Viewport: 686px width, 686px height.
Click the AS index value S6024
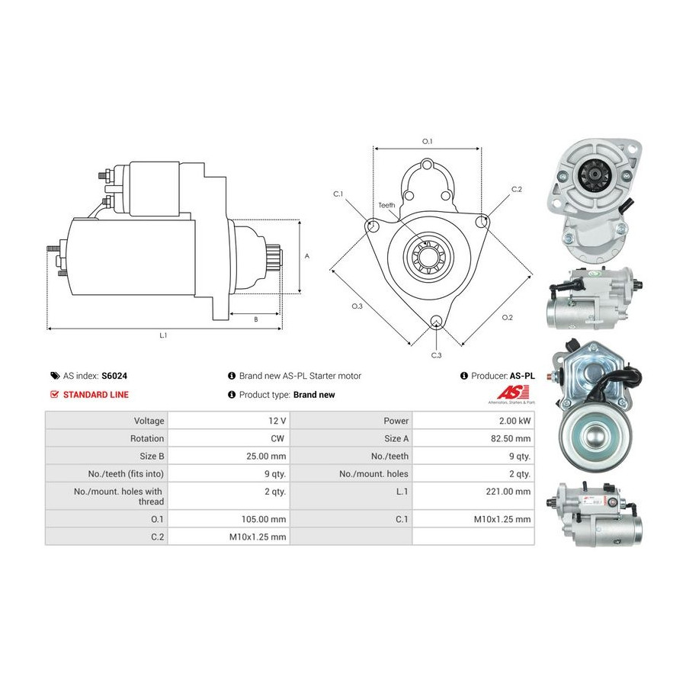(x=114, y=376)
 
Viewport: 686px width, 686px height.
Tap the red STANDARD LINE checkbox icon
(x=55, y=395)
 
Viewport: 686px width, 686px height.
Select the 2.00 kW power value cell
(x=515, y=421)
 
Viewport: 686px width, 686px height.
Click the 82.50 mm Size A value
(x=511, y=438)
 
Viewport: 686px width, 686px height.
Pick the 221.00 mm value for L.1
(x=508, y=492)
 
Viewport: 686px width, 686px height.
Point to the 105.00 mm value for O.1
(x=264, y=519)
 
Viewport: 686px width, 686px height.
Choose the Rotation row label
(x=147, y=438)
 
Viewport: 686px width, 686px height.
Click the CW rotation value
(x=277, y=438)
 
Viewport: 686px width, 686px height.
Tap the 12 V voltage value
(x=277, y=421)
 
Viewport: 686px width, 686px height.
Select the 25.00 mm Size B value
(x=266, y=457)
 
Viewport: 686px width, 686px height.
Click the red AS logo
(x=512, y=392)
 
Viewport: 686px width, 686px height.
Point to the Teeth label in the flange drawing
(x=386, y=205)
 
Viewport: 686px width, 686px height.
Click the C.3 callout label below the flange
(x=436, y=355)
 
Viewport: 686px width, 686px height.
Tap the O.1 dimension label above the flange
(x=427, y=141)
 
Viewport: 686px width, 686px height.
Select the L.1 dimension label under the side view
(x=163, y=335)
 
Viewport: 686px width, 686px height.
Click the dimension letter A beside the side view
(x=307, y=256)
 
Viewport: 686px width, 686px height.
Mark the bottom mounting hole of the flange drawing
(x=436, y=322)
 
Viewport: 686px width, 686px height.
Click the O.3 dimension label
(x=357, y=306)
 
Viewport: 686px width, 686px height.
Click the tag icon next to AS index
(x=55, y=376)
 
